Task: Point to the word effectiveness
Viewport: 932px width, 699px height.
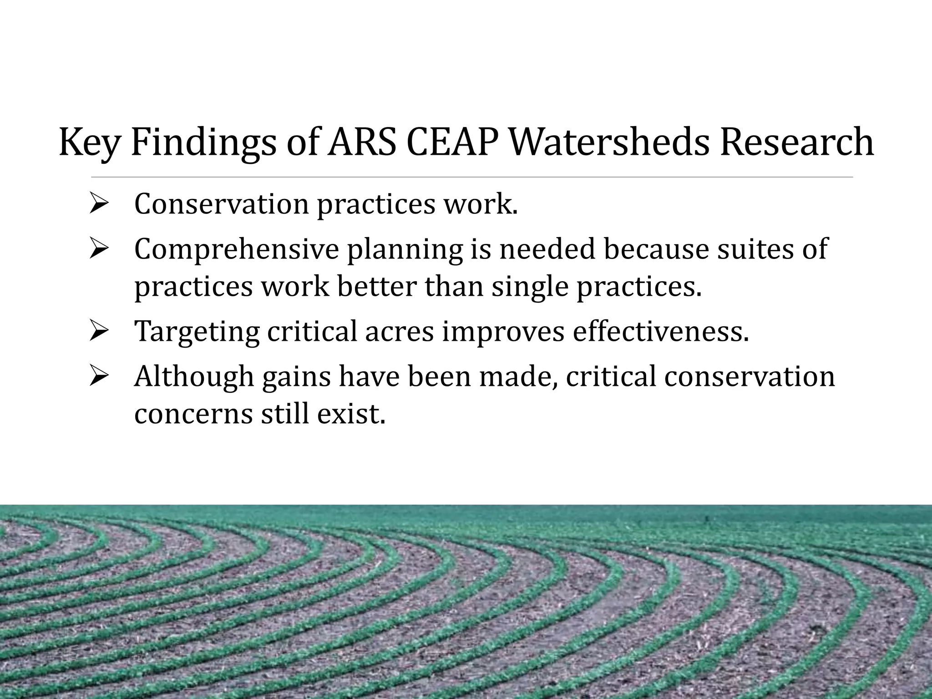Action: pyautogui.click(x=660, y=331)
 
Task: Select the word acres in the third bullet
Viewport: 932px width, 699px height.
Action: pyautogui.click(x=400, y=332)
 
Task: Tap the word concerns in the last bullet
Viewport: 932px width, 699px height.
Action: pyautogui.click(x=192, y=414)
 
